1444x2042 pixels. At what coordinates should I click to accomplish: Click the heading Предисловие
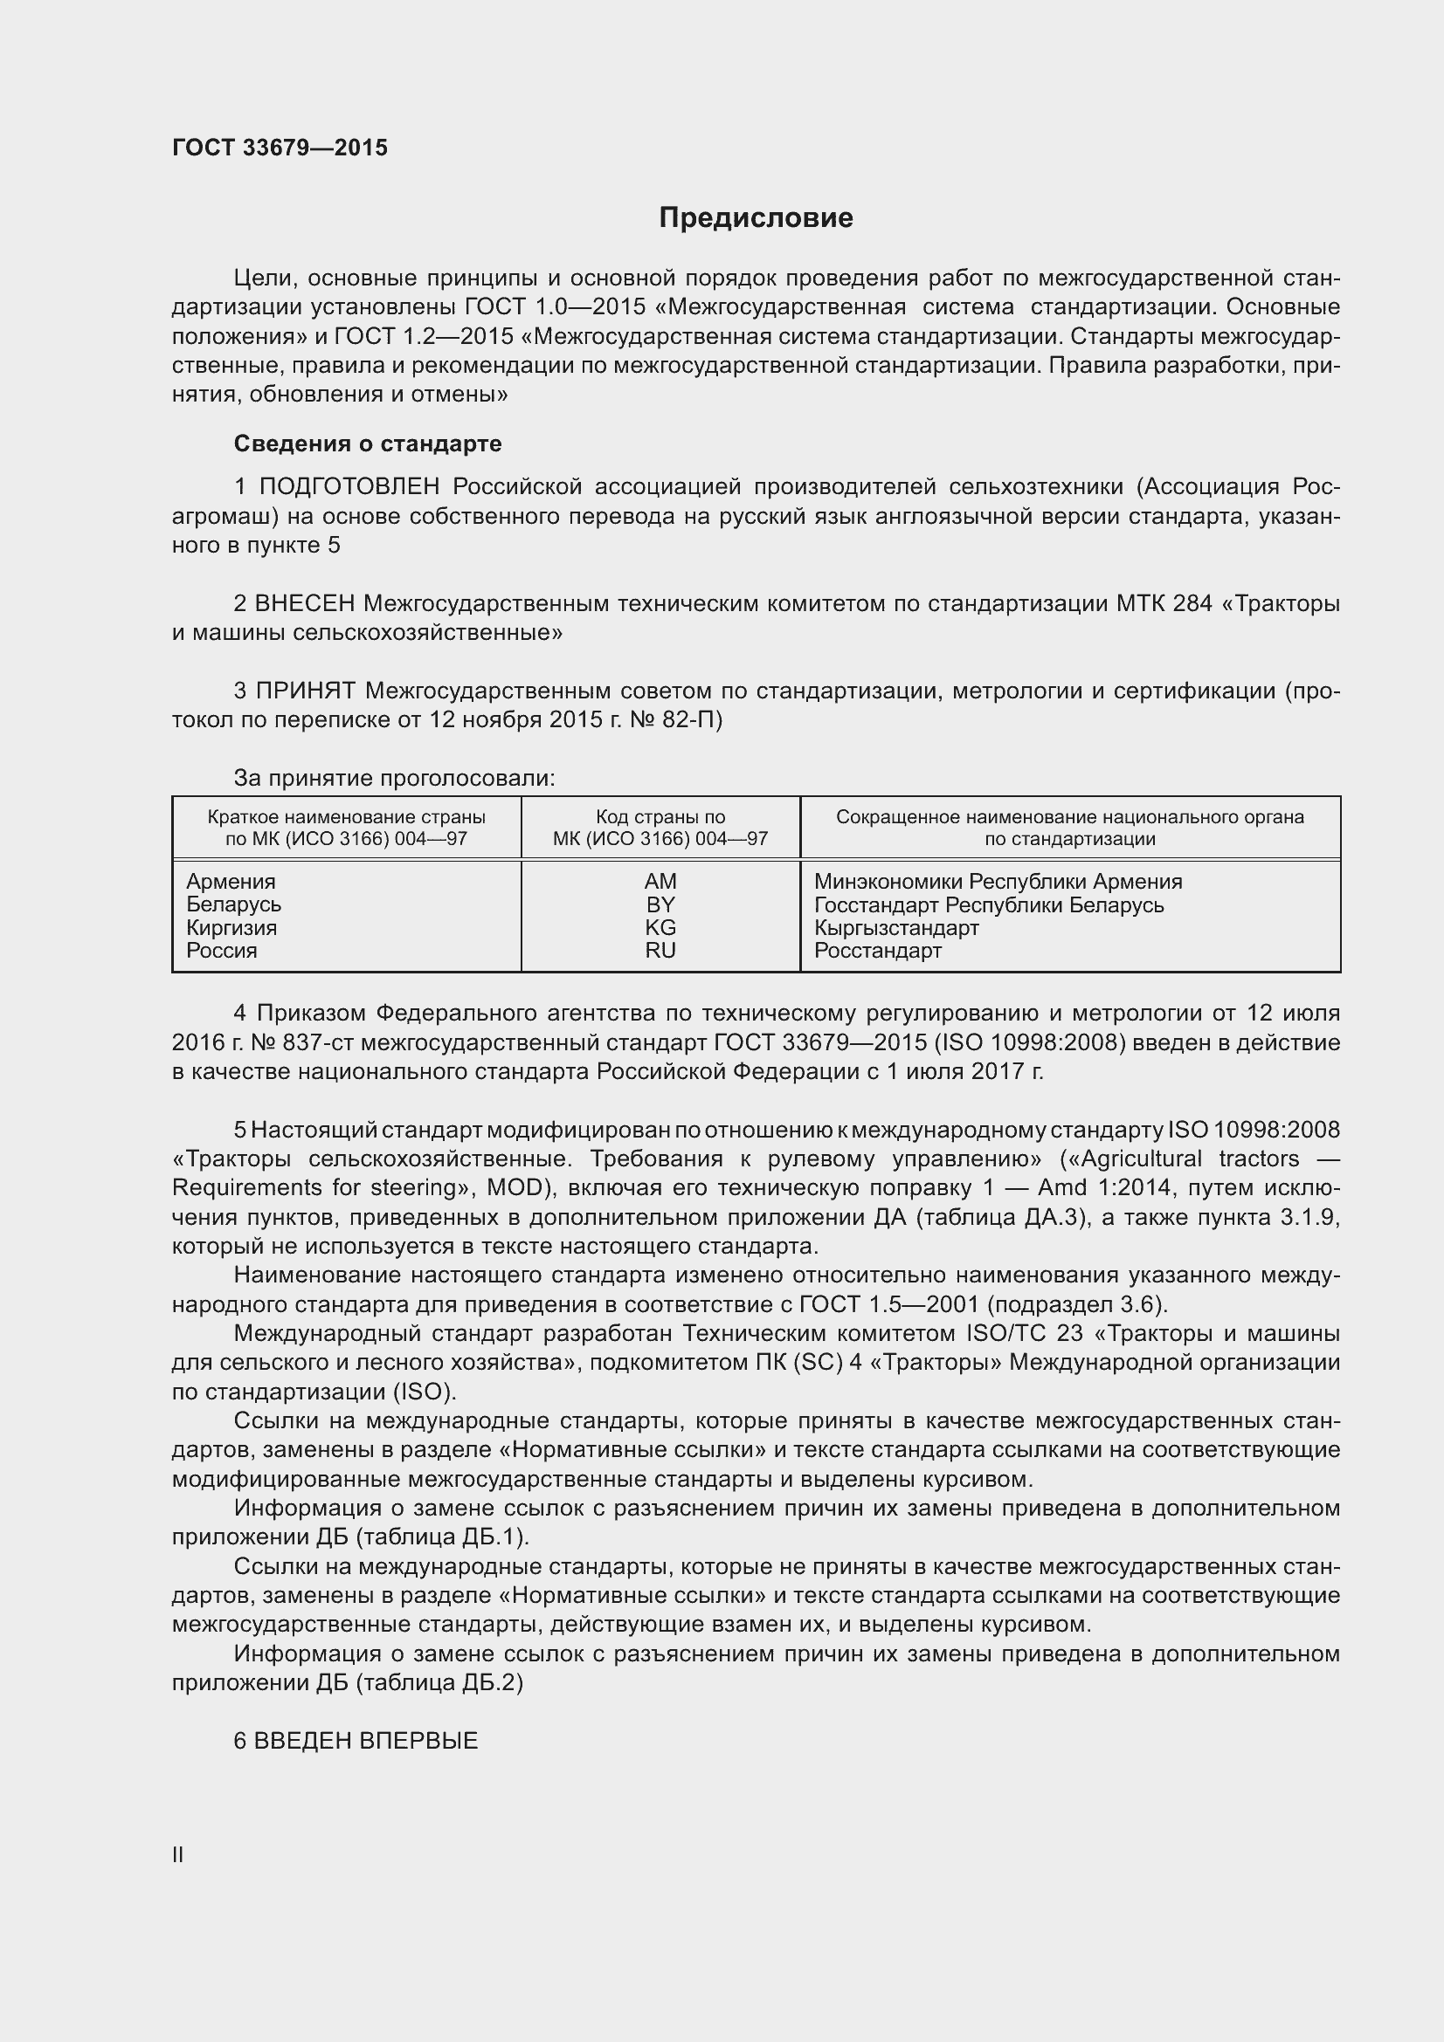[756, 218]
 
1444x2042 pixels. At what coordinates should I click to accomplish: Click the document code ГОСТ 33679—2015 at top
[280, 148]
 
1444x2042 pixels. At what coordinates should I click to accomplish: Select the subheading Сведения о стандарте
[368, 443]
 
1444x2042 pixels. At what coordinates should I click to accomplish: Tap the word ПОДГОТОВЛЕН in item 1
[349, 486]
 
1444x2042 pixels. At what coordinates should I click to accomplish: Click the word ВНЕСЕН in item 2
[304, 603]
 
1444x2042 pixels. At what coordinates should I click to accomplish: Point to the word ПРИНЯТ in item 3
[305, 691]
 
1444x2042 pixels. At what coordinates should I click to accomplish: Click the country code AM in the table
[660, 882]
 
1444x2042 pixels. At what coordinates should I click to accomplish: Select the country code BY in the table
[660, 904]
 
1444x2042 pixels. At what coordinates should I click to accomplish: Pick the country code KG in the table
[660, 928]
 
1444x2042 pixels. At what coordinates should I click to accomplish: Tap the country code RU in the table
[660, 951]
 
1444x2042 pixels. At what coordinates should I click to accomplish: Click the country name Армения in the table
[231, 882]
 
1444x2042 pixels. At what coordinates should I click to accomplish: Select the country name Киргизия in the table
[231, 928]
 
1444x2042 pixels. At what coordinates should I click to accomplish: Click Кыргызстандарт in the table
[896, 928]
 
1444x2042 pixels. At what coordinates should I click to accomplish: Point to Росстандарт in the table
[877, 951]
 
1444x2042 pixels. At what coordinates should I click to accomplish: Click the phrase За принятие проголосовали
[394, 778]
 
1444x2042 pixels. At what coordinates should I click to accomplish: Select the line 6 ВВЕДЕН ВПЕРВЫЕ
[356, 1741]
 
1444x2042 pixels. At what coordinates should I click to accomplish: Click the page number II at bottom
[178, 1854]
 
